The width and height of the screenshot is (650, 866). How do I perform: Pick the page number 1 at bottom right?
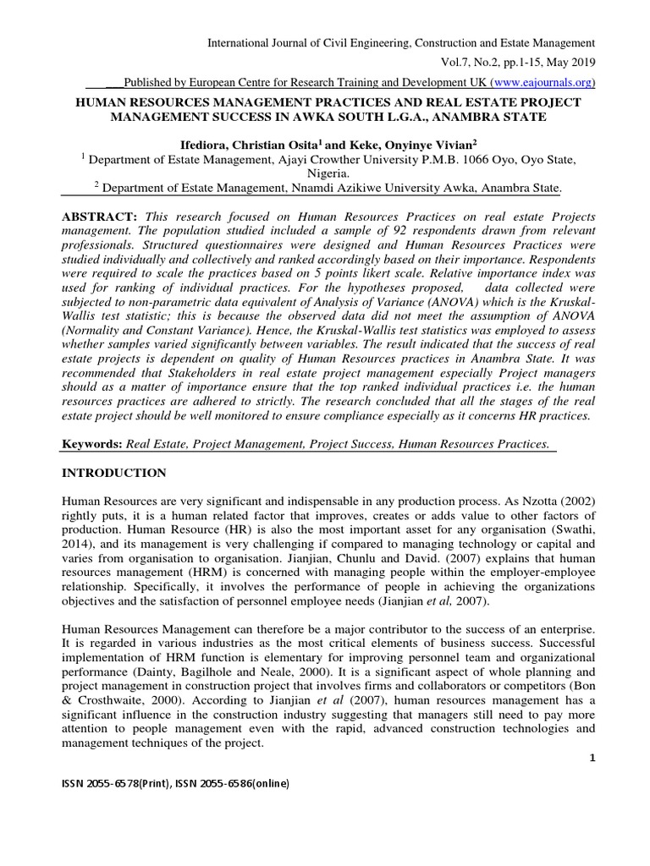point(592,755)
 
